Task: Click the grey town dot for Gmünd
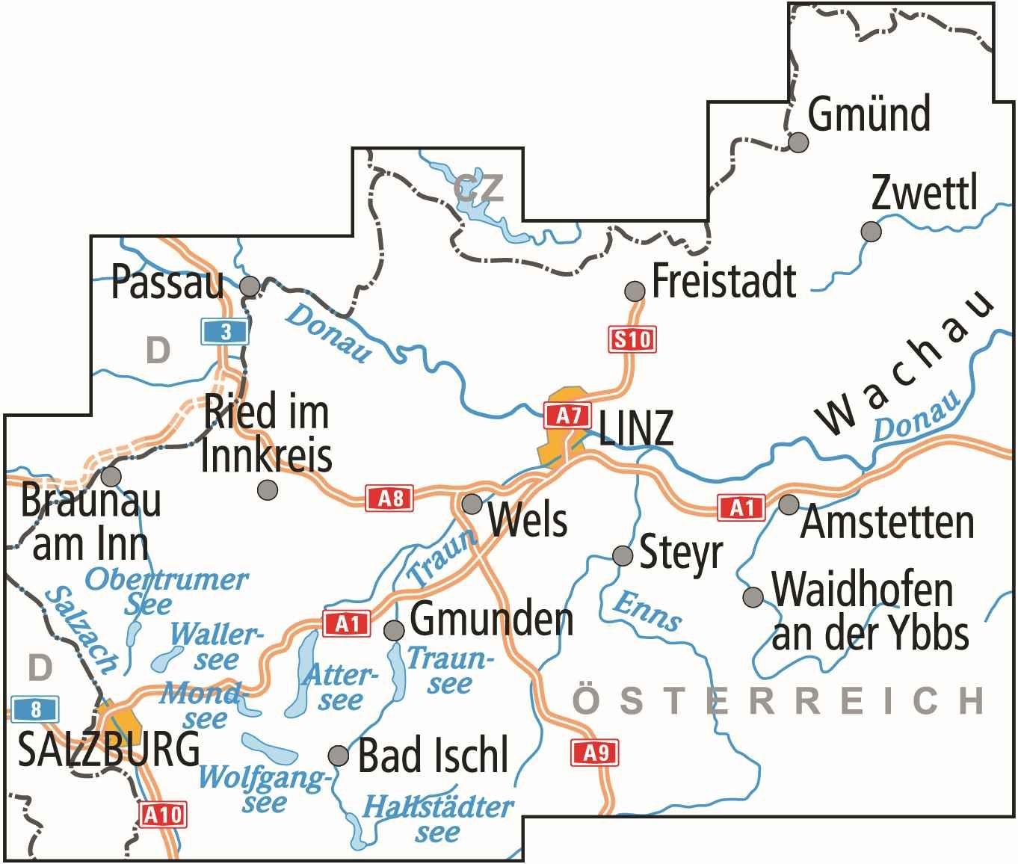tap(799, 142)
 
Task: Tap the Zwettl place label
tap(924, 194)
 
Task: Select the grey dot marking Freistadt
tap(635, 290)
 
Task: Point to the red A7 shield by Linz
tap(568, 415)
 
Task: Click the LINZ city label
tap(636, 429)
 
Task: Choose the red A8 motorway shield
tap(389, 498)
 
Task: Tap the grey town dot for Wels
tap(472, 504)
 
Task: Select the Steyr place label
tap(681, 553)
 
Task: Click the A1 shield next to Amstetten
tap(741, 508)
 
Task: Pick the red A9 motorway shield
tap(595, 753)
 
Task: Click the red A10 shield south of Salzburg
tap(162, 814)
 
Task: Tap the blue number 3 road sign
tap(225, 332)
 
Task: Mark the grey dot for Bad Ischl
tap(339, 756)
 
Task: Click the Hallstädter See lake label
tap(438, 820)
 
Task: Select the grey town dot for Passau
tap(250, 286)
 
